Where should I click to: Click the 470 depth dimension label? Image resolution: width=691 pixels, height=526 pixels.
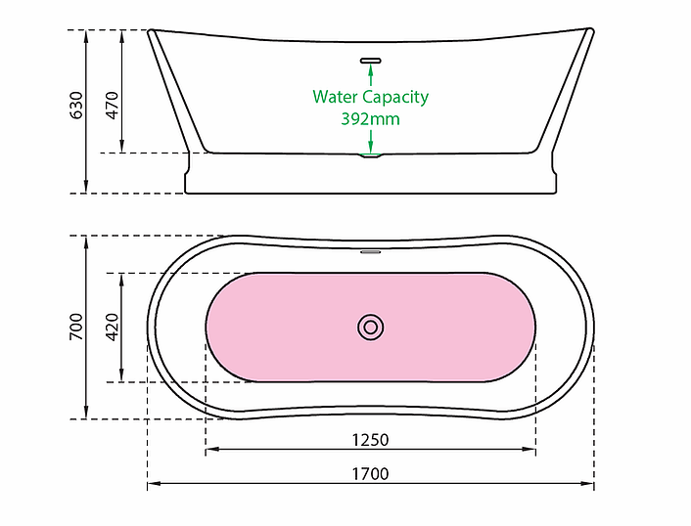pyautogui.click(x=112, y=105)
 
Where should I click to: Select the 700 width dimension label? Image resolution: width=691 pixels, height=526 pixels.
pyautogui.click(x=76, y=328)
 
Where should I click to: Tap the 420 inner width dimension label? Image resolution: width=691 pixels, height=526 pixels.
pyautogui.click(x=112, y=328)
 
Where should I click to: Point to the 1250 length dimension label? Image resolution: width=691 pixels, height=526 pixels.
pyautogui.click(x=371, y=439)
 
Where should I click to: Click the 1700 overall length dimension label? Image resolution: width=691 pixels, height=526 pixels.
pyautogui.click(x=371, y=474)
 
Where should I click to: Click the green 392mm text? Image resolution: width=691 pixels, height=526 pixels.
pyautogui.click(x=370, y=119)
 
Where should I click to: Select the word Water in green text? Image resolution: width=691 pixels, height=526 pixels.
pyautogui.click(x=335, y=97)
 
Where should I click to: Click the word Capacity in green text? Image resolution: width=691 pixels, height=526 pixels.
pyautogui.click(x=395, y=98)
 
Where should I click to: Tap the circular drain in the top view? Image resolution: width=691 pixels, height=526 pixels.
pyautogui.click(x=371, y=328)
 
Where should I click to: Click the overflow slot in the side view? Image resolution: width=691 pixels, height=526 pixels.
pyautogui.click(x=371, y=61)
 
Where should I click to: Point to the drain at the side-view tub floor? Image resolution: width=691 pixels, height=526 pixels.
pyautogui.click(x=371, y=154)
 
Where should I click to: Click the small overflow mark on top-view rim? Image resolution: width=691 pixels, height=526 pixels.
pyautogui.click(x=371, y=251)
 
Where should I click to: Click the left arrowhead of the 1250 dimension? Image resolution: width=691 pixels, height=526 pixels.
pyautogui.click(x=210, y=450)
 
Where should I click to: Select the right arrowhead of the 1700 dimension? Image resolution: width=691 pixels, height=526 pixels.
pyautogui.click(x=589, y=484)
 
